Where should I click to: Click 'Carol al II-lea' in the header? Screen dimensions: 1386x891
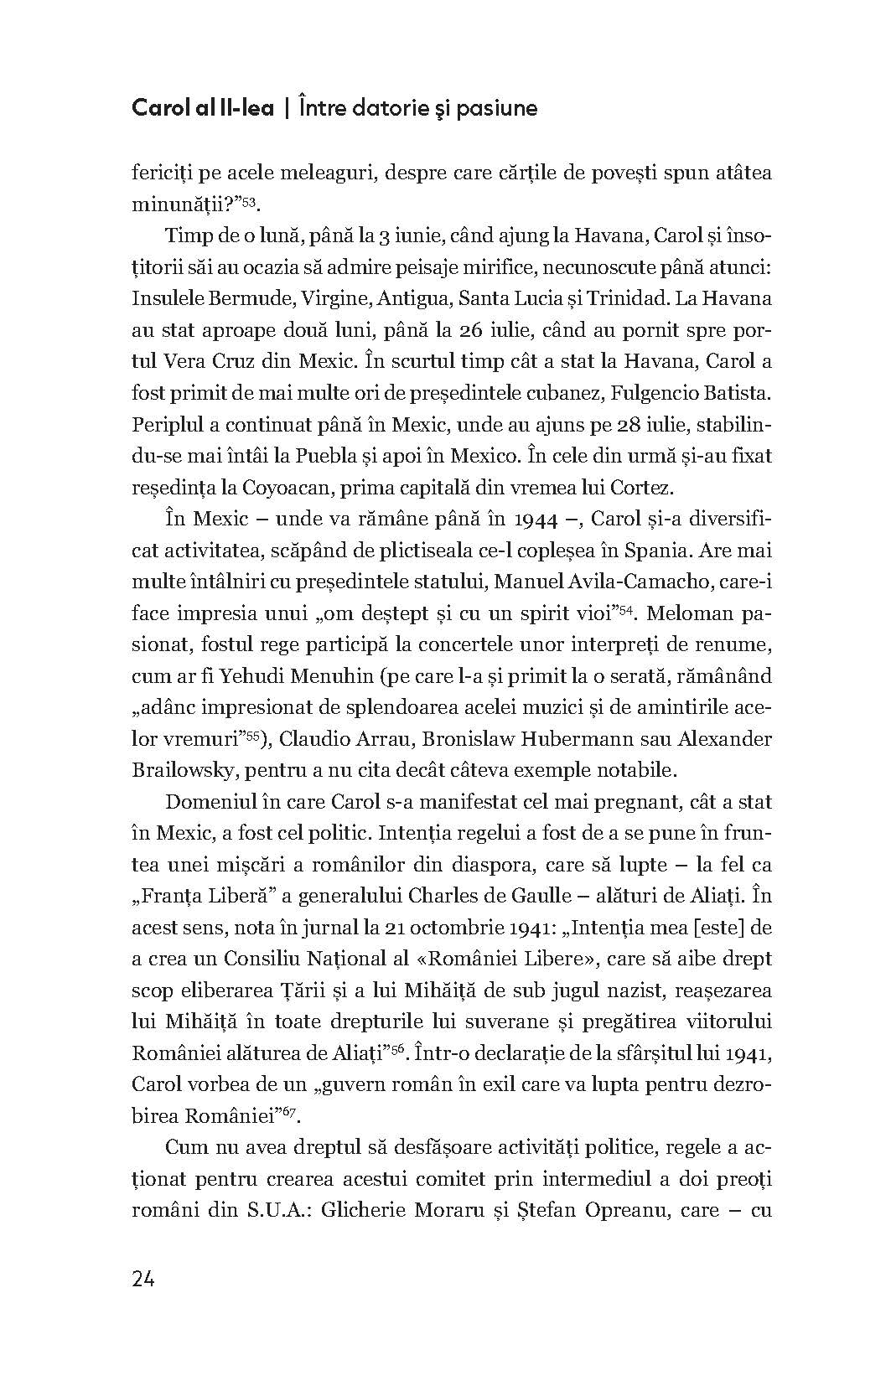[x=203, y=109]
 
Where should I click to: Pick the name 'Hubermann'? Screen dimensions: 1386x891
[x=557, y=739]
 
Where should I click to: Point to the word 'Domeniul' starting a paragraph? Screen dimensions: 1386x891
[x=205, y=802]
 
